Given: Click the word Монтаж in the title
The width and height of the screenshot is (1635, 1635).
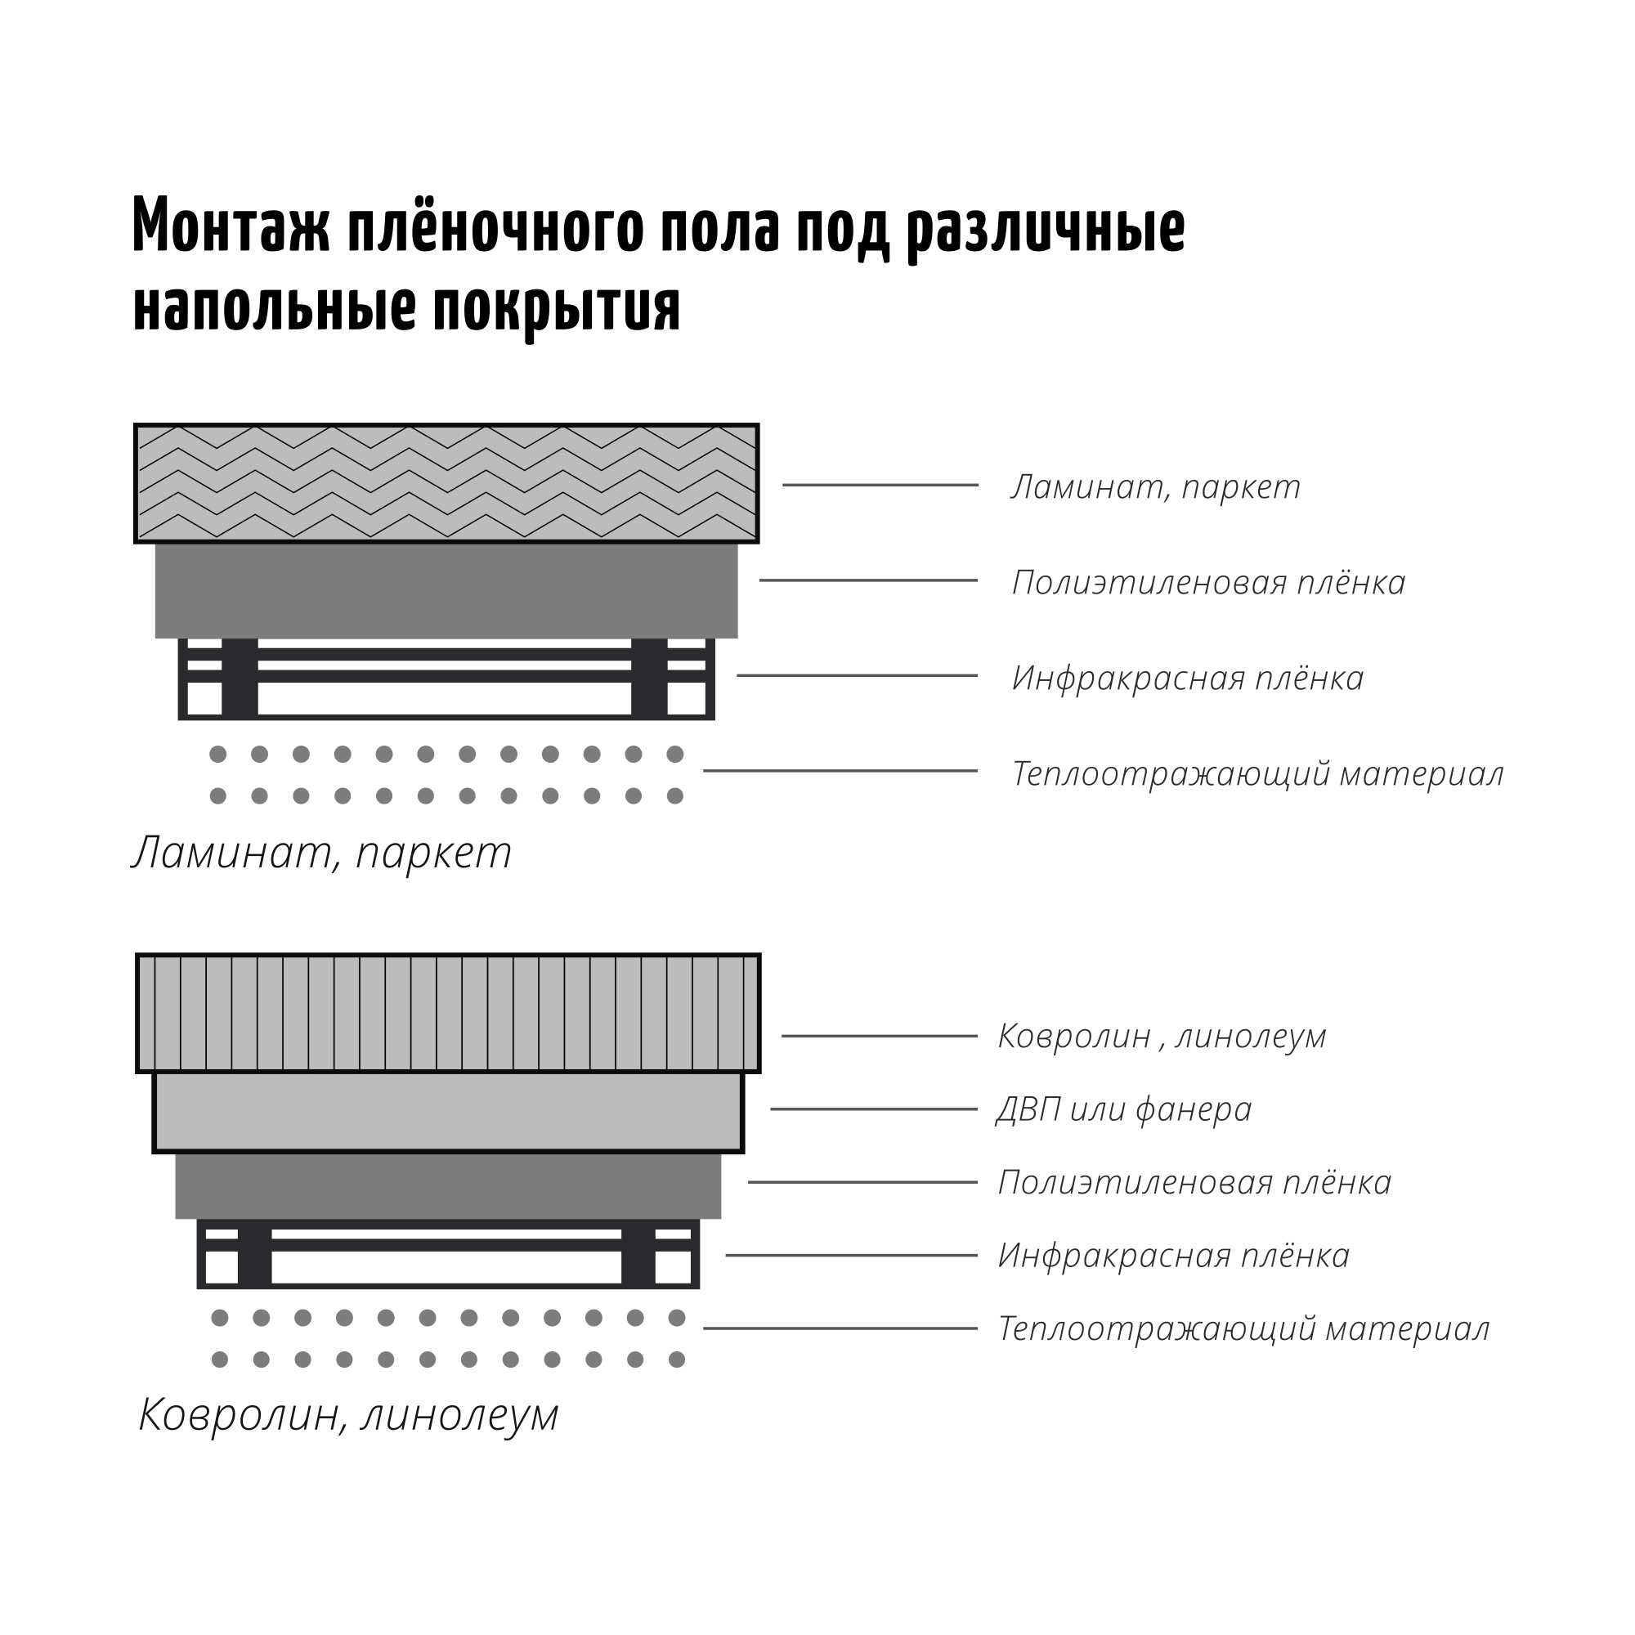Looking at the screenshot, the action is [x=231, y=225].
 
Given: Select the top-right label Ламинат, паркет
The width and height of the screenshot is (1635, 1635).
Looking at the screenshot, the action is [x=1155, y=486].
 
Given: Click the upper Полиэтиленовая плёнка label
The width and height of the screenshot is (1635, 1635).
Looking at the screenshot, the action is [x=1208, y=582].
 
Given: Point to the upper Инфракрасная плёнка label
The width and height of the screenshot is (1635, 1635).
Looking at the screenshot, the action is [x=1188, y=678].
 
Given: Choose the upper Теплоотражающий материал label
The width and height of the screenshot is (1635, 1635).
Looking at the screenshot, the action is [x=1257, y=773].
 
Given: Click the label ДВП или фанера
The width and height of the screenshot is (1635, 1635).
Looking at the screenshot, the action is [x=1124, y=1109].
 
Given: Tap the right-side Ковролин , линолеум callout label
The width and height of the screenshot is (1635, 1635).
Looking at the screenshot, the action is [x=1162, y=1036].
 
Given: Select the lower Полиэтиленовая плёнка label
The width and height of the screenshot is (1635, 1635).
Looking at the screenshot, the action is [x=1195, y=1182].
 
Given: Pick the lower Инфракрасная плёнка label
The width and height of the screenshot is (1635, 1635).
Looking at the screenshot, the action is [x=1174, y=1255].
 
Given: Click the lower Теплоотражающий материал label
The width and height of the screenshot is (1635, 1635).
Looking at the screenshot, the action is [x=1244, y=1328].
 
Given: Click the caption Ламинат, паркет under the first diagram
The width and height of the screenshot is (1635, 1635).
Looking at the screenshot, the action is [x=321, y=852].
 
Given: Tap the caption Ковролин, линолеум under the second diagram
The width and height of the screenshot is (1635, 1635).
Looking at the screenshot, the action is [x=349, y=1414].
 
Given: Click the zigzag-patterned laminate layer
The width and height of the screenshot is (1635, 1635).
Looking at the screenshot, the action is [x=447, y=483].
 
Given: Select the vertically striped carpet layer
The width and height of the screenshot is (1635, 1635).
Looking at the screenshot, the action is [x=449, y=1013].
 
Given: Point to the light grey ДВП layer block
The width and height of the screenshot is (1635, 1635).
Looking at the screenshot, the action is [x=449, y=1113].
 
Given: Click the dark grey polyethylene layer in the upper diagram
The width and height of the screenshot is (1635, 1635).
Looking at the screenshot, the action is [x=447, y=591].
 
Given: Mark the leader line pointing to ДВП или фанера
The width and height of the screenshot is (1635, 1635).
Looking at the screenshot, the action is [x=874, y=1109].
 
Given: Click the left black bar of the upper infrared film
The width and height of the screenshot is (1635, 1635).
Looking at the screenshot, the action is [x=240, y=678].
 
